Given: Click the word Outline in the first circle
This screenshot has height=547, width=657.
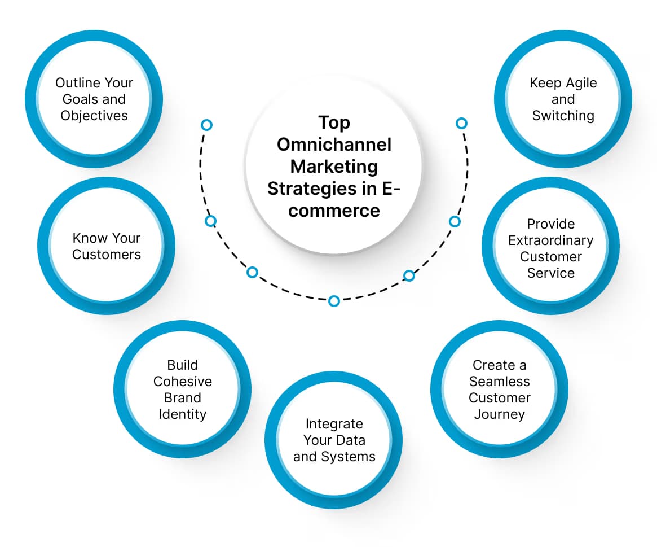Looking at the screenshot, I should [75, 83].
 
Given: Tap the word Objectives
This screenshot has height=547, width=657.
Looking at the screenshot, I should [94, 116].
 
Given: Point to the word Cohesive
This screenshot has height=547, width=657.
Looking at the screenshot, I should [183, 382].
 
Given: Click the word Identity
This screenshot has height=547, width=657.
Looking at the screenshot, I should [183, 414].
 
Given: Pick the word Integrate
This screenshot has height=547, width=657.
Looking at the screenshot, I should [334, 424].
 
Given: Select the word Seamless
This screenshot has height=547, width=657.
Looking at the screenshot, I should [500, 382].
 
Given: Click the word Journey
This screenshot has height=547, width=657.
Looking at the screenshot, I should [500, 414].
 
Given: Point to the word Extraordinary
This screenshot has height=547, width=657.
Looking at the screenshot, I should [551, 240].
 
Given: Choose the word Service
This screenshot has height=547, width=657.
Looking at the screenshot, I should [551, 273].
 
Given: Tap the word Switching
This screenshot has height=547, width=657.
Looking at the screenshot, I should [563, 116].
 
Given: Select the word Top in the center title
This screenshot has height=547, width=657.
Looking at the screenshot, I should [334, 122].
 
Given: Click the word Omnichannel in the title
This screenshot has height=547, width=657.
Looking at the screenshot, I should [334, 145].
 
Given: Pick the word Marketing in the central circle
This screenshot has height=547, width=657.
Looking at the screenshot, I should [334, 167].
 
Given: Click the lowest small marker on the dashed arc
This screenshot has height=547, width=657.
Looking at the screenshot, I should [334, 301].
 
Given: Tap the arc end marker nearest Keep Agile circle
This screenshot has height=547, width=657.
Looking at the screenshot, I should [461, 123].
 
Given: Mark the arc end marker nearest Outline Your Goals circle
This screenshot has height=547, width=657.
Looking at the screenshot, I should [207, 124].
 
